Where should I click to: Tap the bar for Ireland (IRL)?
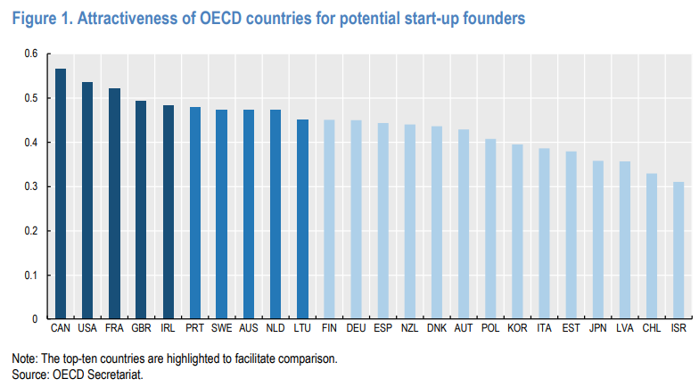pos(168,212)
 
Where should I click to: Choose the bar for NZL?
pos(410,222)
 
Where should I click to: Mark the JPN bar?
pos(598,240)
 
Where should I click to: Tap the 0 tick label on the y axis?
pos(35,318)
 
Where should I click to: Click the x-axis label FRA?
pos(114,330)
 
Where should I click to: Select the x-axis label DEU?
pos(356,330)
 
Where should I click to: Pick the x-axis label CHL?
pos(652,330)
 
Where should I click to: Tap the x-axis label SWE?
pos(221,330)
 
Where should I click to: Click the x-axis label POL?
pos(490,330)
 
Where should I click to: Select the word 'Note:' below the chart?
pos(24,358)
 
